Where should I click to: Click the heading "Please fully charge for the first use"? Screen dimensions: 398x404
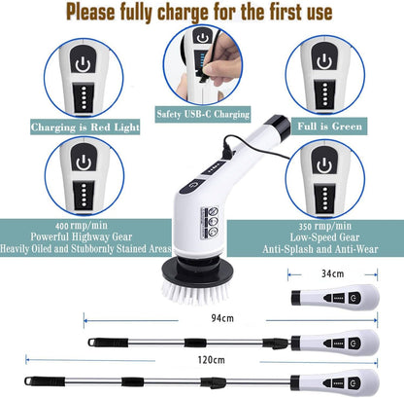[x=201, y=14]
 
